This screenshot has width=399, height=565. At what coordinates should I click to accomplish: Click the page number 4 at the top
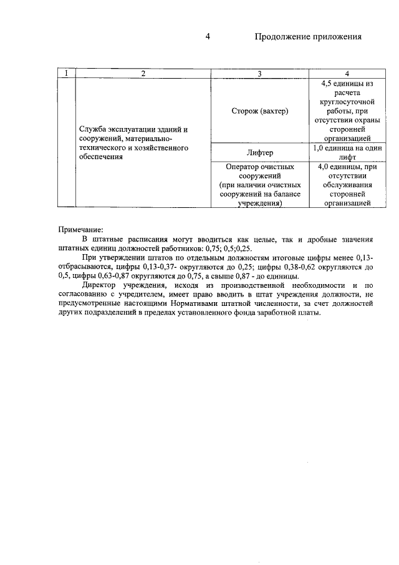(208, 37)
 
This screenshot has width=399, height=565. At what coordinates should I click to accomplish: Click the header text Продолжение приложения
(309, 37)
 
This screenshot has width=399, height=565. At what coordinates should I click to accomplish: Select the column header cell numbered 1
(65, 74)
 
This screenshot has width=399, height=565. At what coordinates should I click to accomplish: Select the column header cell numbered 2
(143, 74)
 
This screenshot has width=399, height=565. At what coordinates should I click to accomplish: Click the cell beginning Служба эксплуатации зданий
(134, 143)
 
